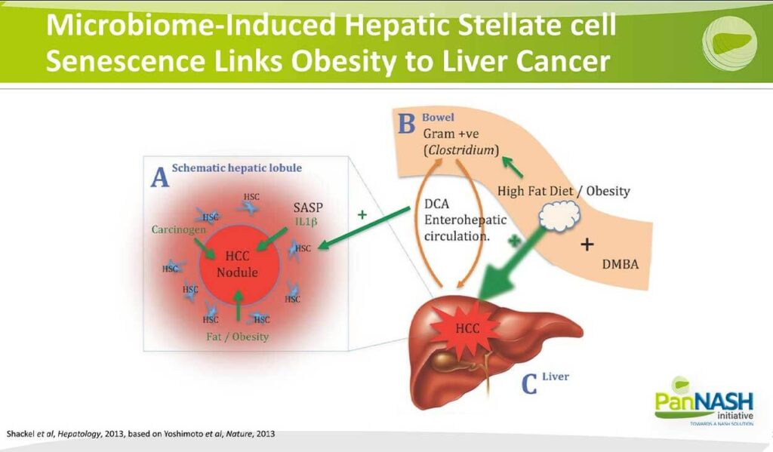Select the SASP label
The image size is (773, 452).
point(308,208)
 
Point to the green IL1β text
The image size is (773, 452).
point(306,222)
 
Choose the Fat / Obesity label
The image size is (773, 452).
point(238,337)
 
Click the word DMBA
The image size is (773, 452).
point(621,264)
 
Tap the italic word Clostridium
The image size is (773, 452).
point(461,150)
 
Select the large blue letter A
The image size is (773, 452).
point(160,177)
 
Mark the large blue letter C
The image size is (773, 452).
point(529,384)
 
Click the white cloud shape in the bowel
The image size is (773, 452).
point(559,217)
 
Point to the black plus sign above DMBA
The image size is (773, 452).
point(587,244)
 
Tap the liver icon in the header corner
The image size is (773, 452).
point(729,42)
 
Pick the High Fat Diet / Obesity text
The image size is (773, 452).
point(563,191)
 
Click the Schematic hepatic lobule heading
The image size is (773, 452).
point(236,168)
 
